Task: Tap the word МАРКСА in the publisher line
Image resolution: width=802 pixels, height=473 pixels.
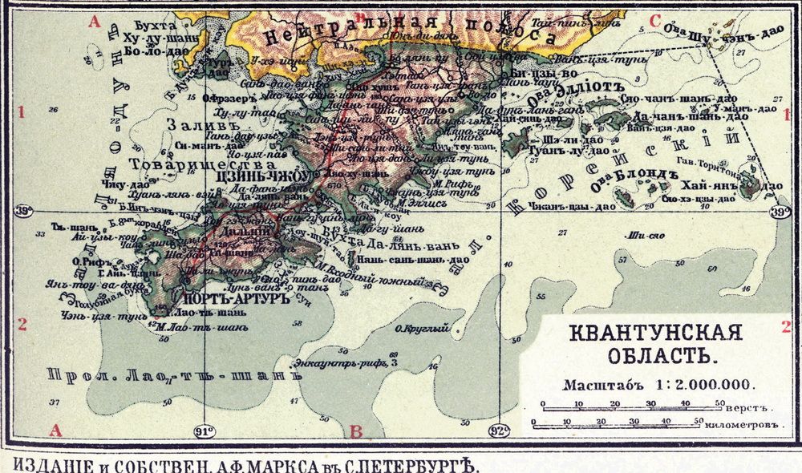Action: tap(291, 463)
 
